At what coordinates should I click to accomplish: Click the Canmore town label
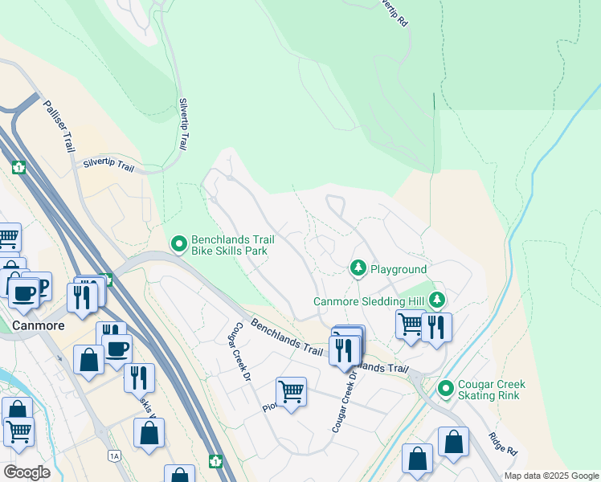point(38,325)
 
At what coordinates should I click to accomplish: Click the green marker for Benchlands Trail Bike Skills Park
point(179,243)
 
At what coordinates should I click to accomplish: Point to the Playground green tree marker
point(358,268)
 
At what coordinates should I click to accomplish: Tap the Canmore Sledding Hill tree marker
point(436,300)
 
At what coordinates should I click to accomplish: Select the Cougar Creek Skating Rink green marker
point(446,390)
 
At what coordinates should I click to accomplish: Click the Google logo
point(27,472)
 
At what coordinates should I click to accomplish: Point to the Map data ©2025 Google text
point(551,476)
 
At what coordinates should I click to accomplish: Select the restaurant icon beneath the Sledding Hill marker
point(436,327)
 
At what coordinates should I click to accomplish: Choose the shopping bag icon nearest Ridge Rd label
point(453,442)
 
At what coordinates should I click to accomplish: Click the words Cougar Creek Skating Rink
point(489,390)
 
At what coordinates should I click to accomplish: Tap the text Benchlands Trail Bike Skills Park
point(229,245)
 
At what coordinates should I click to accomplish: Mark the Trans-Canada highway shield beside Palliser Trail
point(18,168)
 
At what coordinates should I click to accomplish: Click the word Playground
point(399,269)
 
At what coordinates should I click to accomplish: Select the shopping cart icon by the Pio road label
point(290,391)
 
